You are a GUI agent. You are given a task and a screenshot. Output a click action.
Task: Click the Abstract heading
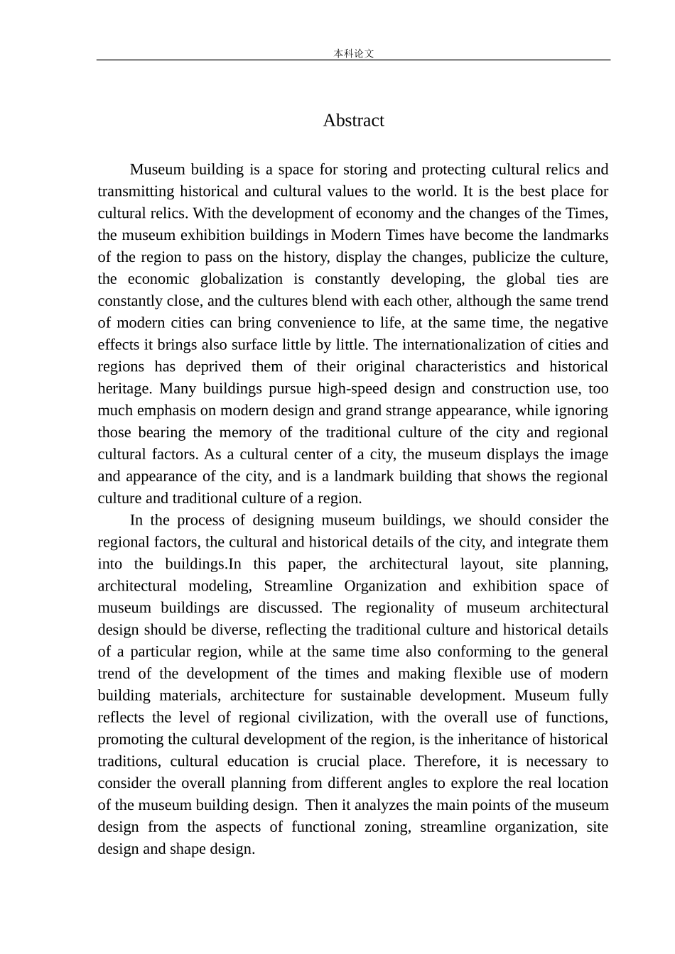353,121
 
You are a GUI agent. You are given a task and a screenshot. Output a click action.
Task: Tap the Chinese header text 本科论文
353,53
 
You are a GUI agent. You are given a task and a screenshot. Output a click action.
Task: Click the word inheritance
490,740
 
